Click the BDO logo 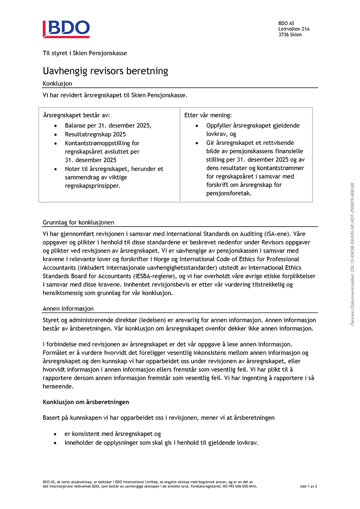tap(66, 29)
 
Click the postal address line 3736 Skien tap(290, 35)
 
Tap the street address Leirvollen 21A tap(294, 29)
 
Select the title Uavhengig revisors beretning tap(105, 71)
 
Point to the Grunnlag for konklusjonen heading tap(78, 223)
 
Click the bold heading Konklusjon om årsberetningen tap(86, 402)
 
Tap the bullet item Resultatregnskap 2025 tap(95, 134)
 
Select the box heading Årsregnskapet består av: tap(76, 115)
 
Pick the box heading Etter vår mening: tap(208, 115)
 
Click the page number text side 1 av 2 tap(308, 486)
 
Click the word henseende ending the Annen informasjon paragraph tap(58, 386)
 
